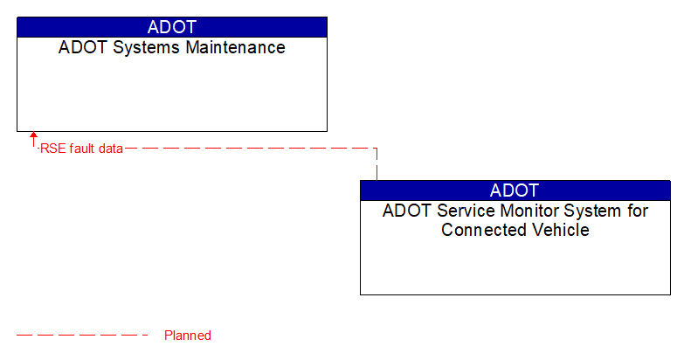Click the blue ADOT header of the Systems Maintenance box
point(171,27)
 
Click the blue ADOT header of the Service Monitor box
point(515,190)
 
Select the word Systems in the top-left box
point(138,48)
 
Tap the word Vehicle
point(560,231)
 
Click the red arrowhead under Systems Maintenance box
point(34,136)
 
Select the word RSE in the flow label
point(52,149)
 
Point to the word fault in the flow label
point(81,149)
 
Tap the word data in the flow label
point(110,149)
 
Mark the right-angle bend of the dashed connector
point(377,149)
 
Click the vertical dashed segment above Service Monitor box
point(377,165)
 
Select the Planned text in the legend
point(188,336)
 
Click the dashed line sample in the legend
point(83,336)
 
